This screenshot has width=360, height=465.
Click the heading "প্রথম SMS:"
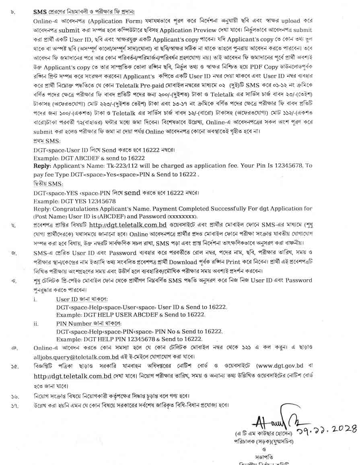[47, 142]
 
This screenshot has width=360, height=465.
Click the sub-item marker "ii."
[36, 323]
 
